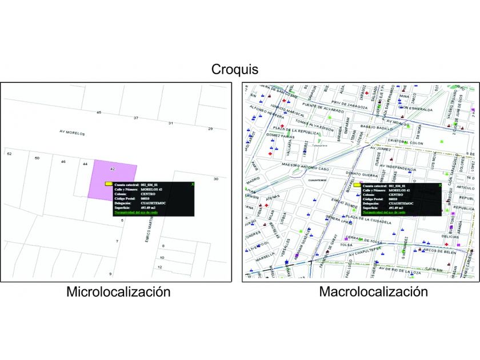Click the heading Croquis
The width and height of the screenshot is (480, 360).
coord(235,70)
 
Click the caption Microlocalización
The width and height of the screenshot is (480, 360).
coord(118,292)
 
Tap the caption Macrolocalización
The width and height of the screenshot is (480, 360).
coord(373,292)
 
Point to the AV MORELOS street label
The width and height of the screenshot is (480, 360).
coord(72,133)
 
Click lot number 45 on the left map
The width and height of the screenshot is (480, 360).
coord(99,113)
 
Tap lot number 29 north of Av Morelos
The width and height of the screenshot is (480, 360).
coord(210,129)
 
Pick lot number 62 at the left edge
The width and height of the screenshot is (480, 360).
coord(9,154)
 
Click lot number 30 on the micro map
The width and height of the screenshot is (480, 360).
coord(216,179)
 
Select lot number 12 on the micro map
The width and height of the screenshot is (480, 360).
coord(161,267)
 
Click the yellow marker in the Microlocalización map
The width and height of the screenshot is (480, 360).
coord(108,184)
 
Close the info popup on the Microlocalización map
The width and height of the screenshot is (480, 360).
coord(193,184)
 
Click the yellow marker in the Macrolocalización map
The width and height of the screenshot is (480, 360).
coord(358,186)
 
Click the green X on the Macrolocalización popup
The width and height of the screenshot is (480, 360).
coord(439,185)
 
